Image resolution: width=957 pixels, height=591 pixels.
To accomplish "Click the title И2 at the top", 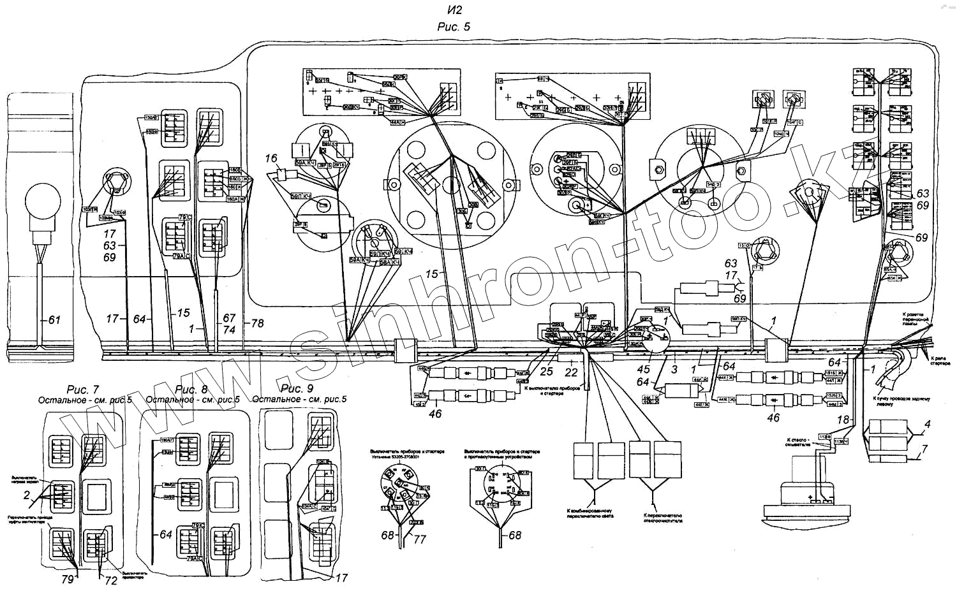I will pos(454,10).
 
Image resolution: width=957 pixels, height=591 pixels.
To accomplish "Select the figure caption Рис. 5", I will pos(454,27).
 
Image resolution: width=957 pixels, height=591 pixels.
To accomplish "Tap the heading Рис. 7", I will pos(83,390).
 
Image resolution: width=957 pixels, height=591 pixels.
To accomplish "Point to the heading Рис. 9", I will pos(297,388).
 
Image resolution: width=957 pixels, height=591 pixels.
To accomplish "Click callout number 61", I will pos(54,319).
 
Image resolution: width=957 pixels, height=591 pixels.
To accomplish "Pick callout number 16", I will pos(272,158).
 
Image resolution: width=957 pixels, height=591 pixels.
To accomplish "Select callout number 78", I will pos(257,323).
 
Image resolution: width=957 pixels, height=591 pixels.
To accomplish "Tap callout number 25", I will pos(547,371).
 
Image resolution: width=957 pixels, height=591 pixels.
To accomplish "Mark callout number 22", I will pos(571,372).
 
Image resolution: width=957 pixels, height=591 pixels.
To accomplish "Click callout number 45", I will pos(644,369).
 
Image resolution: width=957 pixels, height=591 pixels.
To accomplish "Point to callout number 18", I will pos(843,420).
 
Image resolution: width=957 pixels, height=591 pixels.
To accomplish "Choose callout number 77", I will pos(420,539).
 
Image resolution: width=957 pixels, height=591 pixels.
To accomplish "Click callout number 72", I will pos(111,580).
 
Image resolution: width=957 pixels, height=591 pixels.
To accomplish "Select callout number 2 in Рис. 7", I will pos(27,495).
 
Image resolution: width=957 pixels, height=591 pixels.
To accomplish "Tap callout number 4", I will pos(926,424).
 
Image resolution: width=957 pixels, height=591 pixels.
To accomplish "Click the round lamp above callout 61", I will pos(42,200).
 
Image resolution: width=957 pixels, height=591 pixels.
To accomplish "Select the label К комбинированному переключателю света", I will pos(590,513).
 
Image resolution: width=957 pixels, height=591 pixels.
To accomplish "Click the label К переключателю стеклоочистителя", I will pos(662,518).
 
